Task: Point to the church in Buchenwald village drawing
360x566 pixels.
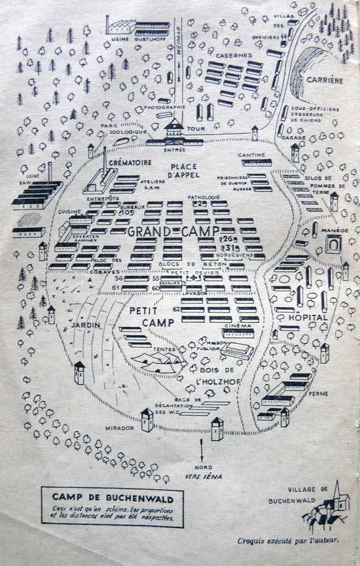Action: (338, 495)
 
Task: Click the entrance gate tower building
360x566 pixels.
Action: (175, 130)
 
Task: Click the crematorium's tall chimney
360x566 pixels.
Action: (104, 160)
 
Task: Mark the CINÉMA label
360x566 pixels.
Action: (238, 326)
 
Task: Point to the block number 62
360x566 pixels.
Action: (177, 309)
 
